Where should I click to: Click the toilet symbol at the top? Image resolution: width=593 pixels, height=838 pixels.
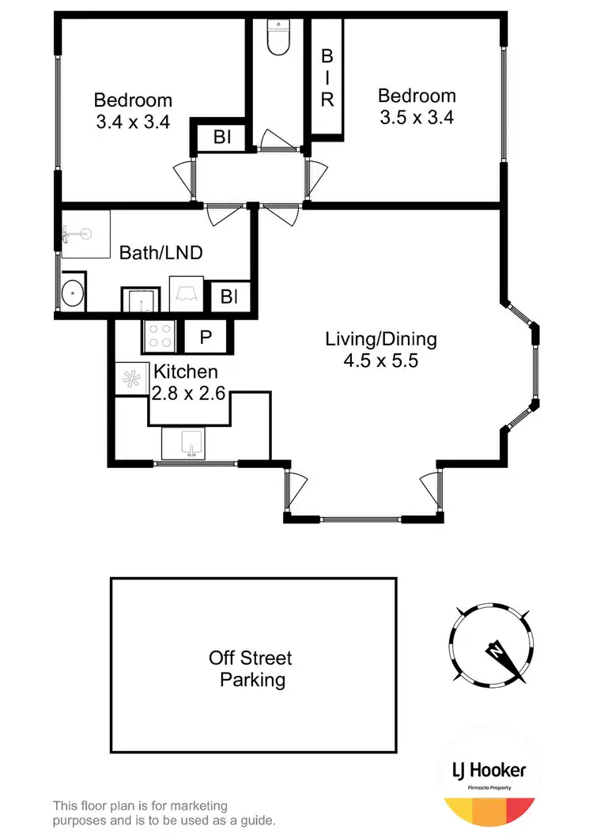click(x=278, y=37)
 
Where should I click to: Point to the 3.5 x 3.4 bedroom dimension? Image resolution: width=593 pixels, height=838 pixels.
click(x=417, y=118)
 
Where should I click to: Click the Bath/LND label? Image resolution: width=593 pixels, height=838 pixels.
click(x=161, y=253)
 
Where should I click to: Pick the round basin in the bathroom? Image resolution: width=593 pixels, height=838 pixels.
click(x=74, y=293)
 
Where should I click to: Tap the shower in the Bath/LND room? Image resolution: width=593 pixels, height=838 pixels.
click(x=85, y=234)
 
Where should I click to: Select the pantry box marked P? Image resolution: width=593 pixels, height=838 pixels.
click(x=206, y=337)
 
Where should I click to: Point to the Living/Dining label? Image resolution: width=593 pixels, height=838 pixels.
click(x=381, y=340)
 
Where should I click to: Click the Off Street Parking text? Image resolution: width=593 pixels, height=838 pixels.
click(x=251, y=668)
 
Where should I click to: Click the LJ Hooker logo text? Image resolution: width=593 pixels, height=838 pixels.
click(x=489, y=772)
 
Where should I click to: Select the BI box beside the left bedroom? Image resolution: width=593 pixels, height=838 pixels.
click(x=221, y=138)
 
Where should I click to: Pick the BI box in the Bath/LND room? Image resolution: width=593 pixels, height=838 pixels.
click(x=229, y=298)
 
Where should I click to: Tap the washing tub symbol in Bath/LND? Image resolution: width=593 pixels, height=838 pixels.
click(x=187, y=294)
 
